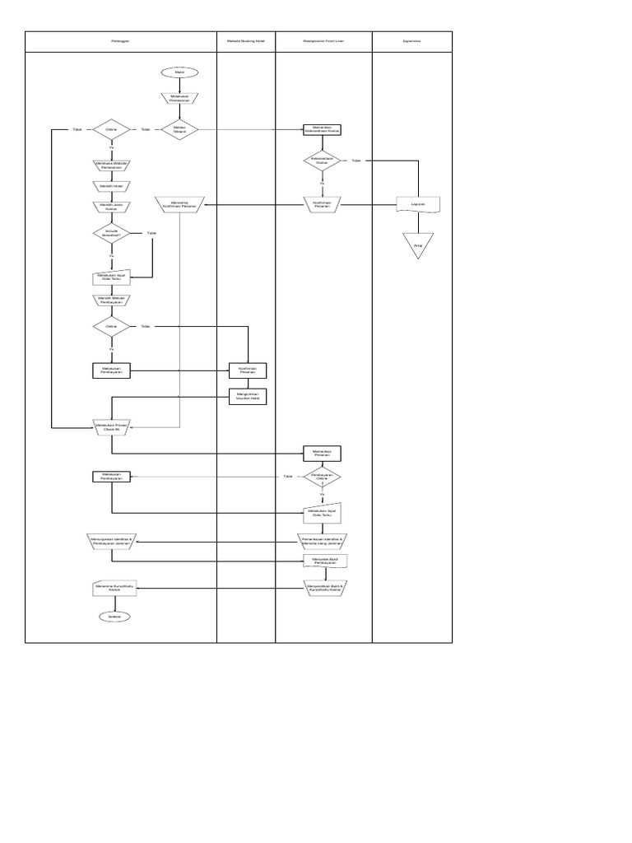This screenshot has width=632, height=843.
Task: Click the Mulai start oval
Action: (x=179, y=72)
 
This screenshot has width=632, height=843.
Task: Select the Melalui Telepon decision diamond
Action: (x=179, y=129)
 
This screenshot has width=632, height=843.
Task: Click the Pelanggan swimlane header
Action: (x=121, y=40)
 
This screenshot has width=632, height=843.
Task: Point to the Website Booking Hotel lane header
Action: (x=245, y=40)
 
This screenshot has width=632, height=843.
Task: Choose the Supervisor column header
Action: (x=411, y=40)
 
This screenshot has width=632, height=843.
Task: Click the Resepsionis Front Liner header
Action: (x=323, y=40)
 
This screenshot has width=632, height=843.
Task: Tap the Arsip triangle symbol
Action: (x=418, y=245)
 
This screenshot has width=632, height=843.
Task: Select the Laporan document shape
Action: (x=418, y=204)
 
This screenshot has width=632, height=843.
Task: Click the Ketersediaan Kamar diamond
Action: (x=322, y=161)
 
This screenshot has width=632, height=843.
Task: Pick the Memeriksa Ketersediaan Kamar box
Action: (x=322, y=129)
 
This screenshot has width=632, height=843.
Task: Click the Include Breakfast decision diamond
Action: (x=112, y=234)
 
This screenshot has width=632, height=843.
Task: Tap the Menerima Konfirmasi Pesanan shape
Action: (x=179, y=204)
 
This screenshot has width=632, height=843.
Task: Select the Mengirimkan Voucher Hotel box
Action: (x=247, y=396)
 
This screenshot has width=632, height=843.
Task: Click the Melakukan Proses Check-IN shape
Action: (x=112, y=427)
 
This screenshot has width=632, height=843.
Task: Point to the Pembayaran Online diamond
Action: (x=322, y=477)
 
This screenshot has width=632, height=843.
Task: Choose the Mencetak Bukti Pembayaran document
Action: (x=322, y=561)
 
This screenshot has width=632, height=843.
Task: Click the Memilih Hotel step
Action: (x=112, y=186)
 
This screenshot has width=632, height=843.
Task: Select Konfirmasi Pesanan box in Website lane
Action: (x=247, y=370)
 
